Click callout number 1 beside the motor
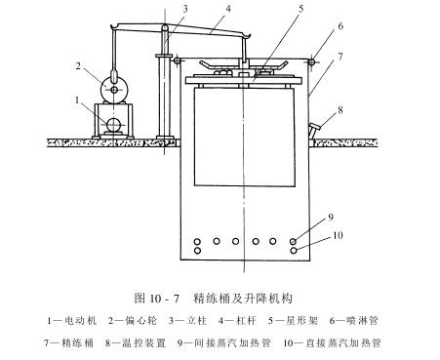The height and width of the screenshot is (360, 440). pyautogui.click(x=77, y=100)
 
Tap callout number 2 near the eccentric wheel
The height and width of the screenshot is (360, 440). pyautogui.click(x=78, y=66)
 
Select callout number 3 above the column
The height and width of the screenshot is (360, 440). pyautogui.click(x=185, y=9)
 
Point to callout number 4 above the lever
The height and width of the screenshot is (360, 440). pyautogui.click(x=228, y=9)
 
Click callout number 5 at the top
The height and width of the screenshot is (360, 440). pyautogui.click(x=300, y=9)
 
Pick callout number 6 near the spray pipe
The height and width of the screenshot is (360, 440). pyautogui.click(x=340, y=26)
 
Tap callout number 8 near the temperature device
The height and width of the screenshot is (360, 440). pyautogui.click(x=340, y=110)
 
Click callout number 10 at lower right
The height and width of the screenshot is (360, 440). pyautogui.click(x=338, y=235)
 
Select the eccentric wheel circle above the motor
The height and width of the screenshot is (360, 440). pyautogui.click(x=114, y=89)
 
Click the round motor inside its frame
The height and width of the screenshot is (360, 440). pyautogui.click(x=114, y=124)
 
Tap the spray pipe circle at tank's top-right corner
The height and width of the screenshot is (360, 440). pyautogui.click(x=311, y=61)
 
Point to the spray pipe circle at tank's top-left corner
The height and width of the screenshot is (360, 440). pyautogui.click(x=177, y=60)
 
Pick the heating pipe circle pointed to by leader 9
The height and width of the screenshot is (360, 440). pyautogui.click(x=294, y=241)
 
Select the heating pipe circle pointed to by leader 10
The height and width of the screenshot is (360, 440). pyautogui.click(x=294, y=251)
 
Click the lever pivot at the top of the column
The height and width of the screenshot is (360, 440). pyautogui.click(x=165, y=28)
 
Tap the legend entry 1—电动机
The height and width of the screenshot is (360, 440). pyautogui.click(x=72, y=321)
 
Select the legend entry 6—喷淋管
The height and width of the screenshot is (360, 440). pyautogui.click(x=354, y=321)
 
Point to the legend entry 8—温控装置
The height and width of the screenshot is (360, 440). pyautogui.click(x=136, y=342)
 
